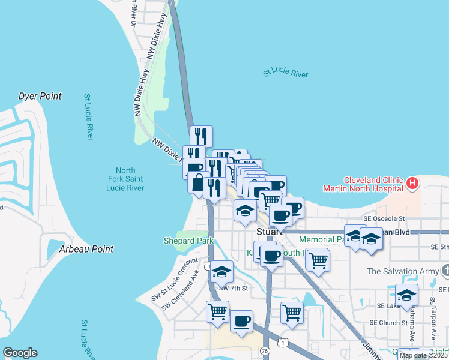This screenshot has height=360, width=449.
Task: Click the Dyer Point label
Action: [x=40, y=96]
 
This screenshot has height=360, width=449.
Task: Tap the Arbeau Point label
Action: [x=86, y=249]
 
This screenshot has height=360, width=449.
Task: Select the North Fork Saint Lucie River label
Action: [x=125, y=179]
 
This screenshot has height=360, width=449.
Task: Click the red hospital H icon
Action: [x=412, y=183]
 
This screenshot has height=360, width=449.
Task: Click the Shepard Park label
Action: [x=188, y=241]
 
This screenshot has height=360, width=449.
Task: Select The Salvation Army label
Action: [x=403, y=271]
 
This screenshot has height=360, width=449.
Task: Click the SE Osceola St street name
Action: [x=384, y=220]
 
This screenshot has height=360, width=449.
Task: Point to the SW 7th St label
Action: [x=234, y=289]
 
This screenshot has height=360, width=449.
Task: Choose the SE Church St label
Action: [x=390, y=322]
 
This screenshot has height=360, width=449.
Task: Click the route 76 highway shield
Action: [x=265, y=350]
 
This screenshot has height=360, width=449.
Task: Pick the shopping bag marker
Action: [x=197, y=182]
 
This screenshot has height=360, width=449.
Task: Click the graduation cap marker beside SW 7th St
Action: [x=221, y=271]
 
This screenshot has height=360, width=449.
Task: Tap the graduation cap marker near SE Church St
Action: [x=406, y=295]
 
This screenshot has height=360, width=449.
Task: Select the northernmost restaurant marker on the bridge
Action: [x=202, y=136]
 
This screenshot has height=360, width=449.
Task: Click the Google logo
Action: [x=20, y=353]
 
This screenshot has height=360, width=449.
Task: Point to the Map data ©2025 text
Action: [x=423, y=355]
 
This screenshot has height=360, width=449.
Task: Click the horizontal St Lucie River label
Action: [x=285, y=74]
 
